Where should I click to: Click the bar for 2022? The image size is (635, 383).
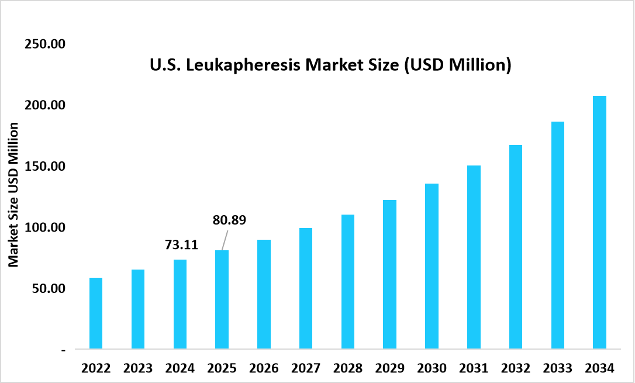96,313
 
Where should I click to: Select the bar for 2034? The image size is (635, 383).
599,223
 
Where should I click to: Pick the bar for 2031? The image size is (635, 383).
474,257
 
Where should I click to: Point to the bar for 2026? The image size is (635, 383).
264,294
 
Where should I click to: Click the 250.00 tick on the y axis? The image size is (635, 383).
44,44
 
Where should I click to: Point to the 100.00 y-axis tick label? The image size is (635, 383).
44,227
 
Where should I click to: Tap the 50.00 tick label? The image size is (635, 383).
47,288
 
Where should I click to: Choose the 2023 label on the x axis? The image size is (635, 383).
138,368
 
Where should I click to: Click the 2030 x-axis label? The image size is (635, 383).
432,368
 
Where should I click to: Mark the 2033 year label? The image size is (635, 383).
557,368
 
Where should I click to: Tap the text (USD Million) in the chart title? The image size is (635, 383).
458,65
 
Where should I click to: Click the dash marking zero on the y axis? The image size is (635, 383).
63,350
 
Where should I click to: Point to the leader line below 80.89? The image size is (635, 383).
225,240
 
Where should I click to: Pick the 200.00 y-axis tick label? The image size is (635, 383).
44,105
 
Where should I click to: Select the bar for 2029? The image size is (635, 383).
389,275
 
